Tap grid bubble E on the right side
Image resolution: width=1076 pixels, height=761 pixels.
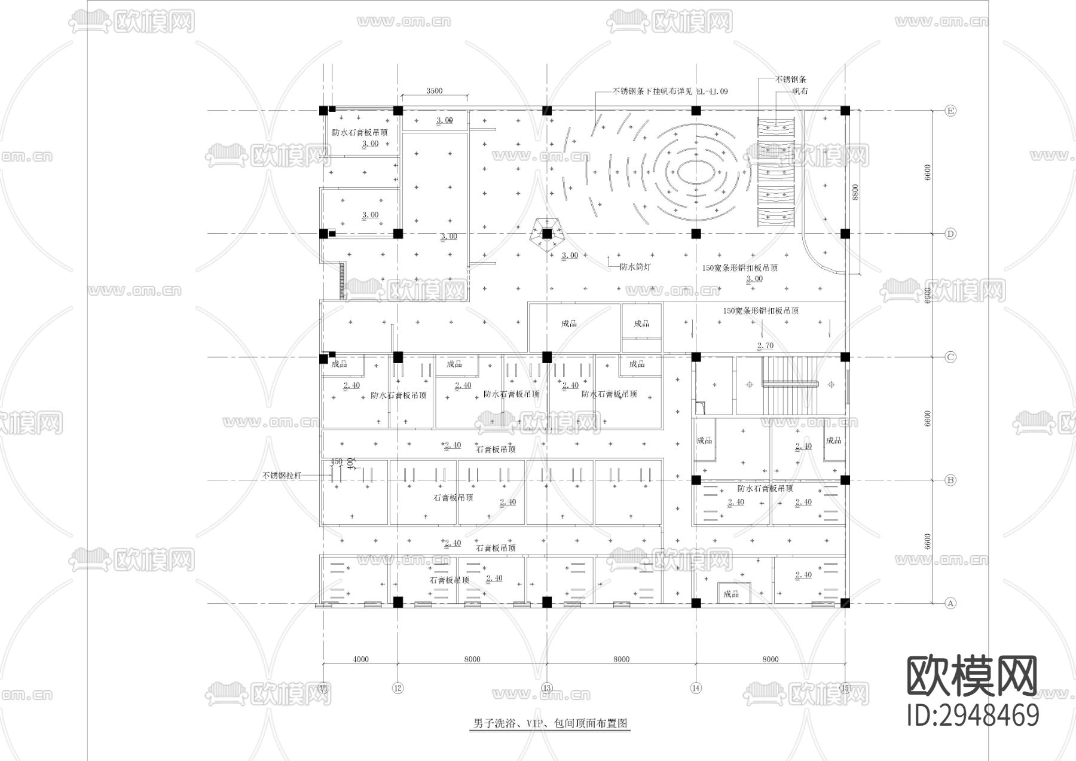pos(950,111)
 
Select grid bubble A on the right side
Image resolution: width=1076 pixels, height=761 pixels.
pos(950,603)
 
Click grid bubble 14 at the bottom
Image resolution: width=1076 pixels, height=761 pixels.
pos(695,688)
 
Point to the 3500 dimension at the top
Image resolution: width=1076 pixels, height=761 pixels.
pos(434,91)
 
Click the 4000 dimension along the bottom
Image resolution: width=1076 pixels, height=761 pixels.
pos(360,659)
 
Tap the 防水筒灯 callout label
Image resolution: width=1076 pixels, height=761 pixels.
pos(634,267)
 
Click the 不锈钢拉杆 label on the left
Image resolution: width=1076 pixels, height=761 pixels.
pos(282,476)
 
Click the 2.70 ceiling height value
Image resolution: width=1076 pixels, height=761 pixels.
pos(765,346)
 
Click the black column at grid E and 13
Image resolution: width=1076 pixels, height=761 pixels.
pos(546,111)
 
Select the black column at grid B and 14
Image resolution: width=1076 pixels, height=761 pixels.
pos(696,480)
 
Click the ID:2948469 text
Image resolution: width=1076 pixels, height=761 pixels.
pos(973,716)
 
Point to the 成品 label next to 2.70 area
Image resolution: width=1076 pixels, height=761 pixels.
pos(641,324)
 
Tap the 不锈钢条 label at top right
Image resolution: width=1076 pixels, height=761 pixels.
pos(790,79)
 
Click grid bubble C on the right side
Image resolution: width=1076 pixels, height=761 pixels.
pos(950,357)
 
